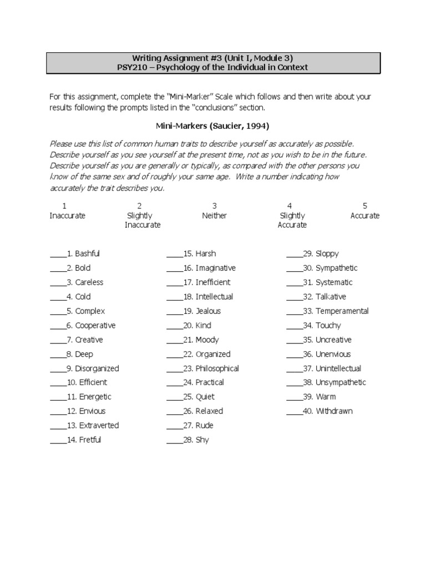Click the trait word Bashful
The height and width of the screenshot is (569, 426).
click(88, 254)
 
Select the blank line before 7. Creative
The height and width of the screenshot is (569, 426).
click(58, 341)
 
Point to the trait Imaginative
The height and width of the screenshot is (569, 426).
click(216, 268)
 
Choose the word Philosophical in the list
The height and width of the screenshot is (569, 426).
click(217, 368)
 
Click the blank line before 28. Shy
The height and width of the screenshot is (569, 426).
click(174, 441)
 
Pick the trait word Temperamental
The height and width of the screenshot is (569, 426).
click(342, 311)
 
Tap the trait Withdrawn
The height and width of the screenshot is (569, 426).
click(334, 411)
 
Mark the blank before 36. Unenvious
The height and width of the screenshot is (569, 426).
click(295, 355)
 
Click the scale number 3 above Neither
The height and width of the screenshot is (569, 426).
click(215, 206)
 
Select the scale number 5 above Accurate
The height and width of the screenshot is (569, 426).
click(365, 206)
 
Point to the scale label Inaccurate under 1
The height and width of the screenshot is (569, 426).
click(68, 216)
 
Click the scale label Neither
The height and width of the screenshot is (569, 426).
click(215, 216)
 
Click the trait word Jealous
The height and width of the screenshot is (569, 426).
click(208, 311)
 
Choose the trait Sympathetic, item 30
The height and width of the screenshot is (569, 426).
click(337, 268)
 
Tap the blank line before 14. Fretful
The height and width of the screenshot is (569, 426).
click(58, 441)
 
